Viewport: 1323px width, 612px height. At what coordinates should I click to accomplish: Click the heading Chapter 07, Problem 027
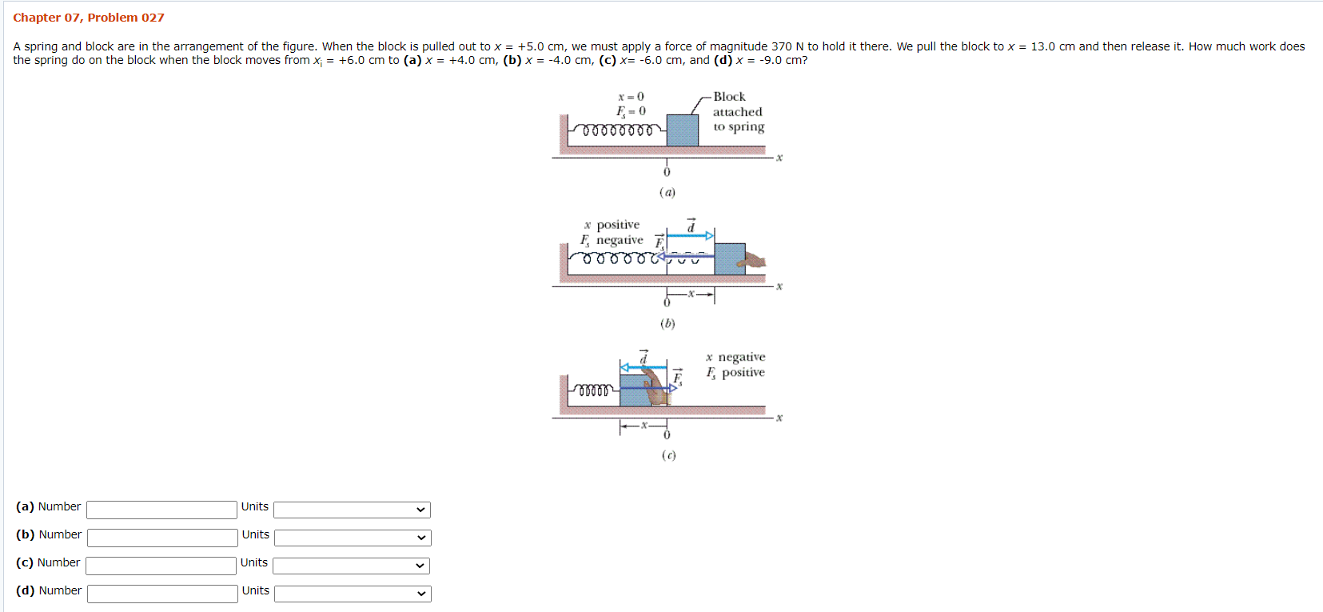pos(88,18)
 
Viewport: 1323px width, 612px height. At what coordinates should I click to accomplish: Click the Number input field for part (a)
pos(161,510)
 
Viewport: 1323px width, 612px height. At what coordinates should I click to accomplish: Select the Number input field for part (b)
pos(162,538)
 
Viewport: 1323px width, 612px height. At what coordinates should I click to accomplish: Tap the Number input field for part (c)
pos(161,566)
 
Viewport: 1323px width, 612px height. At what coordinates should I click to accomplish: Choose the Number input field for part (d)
pos(162,594)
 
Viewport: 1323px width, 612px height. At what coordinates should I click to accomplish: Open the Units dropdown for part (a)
pos(352,510)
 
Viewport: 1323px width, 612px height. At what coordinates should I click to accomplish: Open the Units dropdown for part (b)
pos(353,538)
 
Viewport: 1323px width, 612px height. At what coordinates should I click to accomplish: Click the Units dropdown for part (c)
pos(351,566)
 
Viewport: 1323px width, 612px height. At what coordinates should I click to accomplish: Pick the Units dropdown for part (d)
pos(353,594)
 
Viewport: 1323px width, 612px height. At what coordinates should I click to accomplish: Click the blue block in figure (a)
pos(682,130)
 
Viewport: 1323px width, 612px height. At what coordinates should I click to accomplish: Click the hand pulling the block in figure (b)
pos(753,261)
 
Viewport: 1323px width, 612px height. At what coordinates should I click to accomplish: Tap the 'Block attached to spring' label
pos(738,112)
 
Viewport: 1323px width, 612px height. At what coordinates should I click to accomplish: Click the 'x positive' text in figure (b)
pos(612,225)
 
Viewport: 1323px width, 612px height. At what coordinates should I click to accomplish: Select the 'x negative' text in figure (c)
pos(735,357)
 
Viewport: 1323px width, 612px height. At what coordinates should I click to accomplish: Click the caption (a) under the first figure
pos(667,192)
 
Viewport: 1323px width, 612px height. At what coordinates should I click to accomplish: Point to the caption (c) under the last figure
pos(668,455)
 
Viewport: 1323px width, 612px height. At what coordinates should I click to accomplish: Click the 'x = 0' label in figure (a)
pos(631,97)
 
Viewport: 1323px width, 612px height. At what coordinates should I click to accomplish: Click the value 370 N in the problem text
pos(787,46)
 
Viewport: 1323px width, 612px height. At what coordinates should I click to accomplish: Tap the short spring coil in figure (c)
pos(594,390)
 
